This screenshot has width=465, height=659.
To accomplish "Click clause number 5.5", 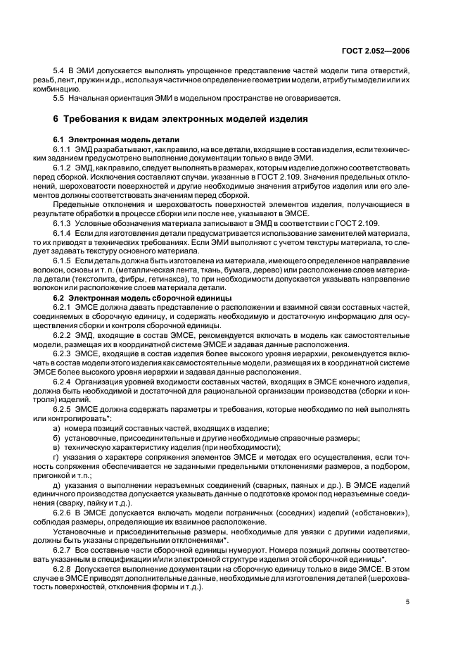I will [60, 98].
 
